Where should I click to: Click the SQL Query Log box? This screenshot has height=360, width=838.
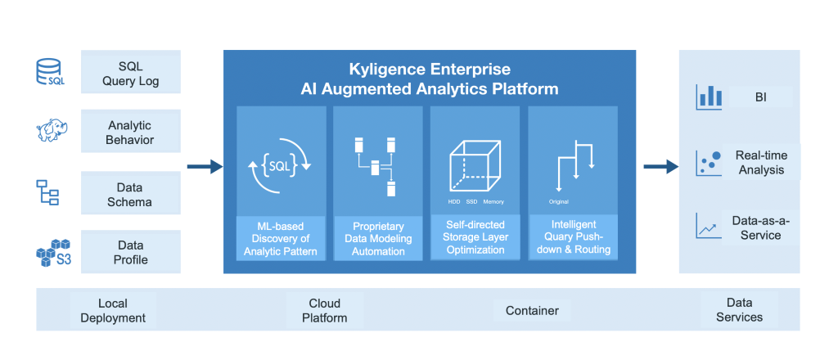click(x=131, y=73)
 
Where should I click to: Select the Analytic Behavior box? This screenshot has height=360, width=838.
click(x=131, y=133)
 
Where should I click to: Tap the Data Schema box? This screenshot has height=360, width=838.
click(x=131, y=194)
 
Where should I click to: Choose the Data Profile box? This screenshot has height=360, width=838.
click(x=131, y=252)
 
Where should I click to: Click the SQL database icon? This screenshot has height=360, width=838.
click(x=50, y=72)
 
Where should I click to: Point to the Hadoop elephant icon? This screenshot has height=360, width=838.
click(x=51, y=131)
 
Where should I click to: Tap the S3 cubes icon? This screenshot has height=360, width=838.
click(x=52, y=252)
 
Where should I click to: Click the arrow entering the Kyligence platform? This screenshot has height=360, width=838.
click(x=204, y=167)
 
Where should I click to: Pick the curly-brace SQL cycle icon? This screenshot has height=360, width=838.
click(x=280, y=167)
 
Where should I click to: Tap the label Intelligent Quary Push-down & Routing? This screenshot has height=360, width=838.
click(x=573, y=236)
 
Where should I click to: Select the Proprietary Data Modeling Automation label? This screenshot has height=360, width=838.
click(x=378, y=238)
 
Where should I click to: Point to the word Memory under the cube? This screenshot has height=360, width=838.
click(x=493, y=200)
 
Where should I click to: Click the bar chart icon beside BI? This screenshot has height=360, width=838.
click(x=709, y=97)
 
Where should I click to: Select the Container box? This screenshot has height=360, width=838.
click(x=532, y=310)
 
